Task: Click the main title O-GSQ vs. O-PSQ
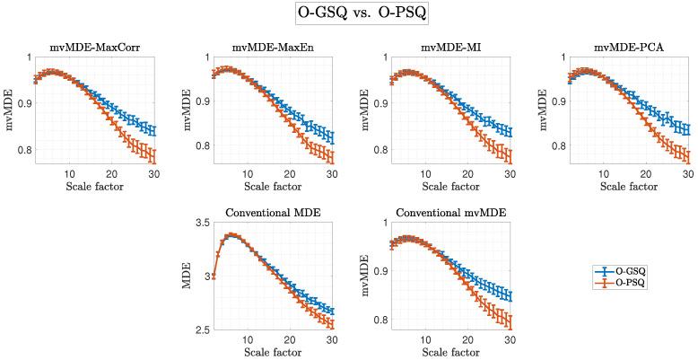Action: pyautogui.click(x=348, y=15)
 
